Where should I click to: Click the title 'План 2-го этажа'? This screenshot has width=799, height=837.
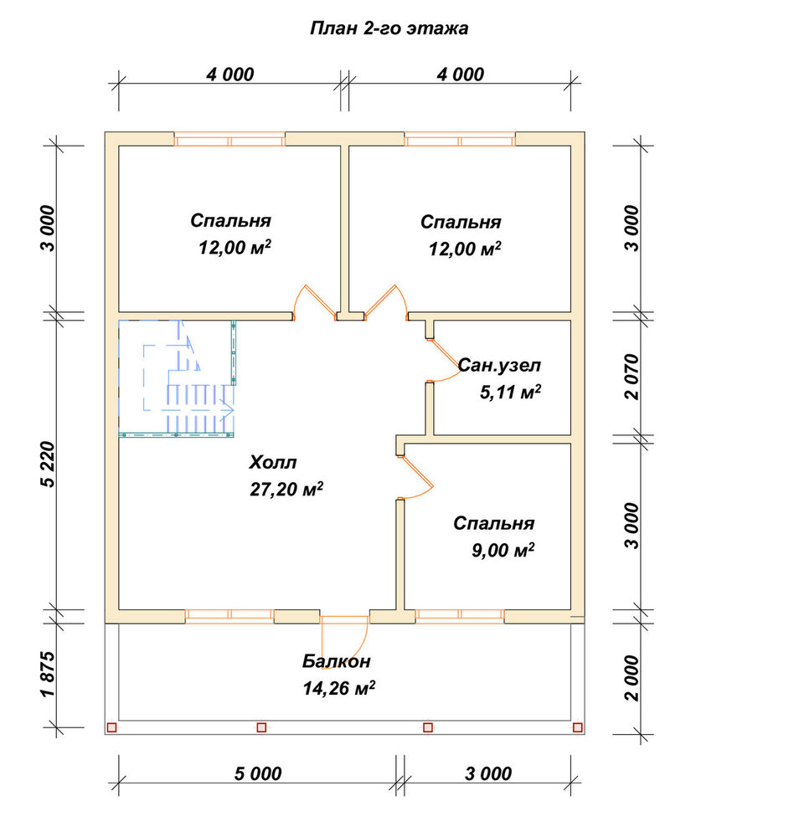point(389,28)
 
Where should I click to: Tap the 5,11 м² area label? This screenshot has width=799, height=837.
point(510,392)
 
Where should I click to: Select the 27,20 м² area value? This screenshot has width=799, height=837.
point(286,489)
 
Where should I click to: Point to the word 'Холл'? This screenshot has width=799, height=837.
point(272,462)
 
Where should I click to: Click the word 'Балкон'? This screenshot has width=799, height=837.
point(337,661)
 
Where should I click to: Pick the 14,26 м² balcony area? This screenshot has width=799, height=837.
point(338,687)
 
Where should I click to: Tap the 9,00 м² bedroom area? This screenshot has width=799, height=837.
point(503,550)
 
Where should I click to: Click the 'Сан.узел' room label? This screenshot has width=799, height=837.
point(499,366)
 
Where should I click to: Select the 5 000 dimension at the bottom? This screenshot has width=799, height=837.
point(257,773)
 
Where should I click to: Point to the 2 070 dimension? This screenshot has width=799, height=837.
point(631,377)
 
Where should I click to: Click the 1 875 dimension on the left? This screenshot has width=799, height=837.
point(48,674)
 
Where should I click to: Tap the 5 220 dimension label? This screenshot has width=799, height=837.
point(48,464)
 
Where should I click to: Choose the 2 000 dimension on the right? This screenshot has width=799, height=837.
point(631,679)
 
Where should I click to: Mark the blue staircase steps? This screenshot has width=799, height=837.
point(200,408)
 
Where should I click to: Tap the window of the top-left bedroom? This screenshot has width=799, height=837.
point(229,139)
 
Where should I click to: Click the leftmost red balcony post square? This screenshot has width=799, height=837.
point(111,727)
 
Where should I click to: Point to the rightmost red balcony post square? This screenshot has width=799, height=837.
point(577,727)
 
